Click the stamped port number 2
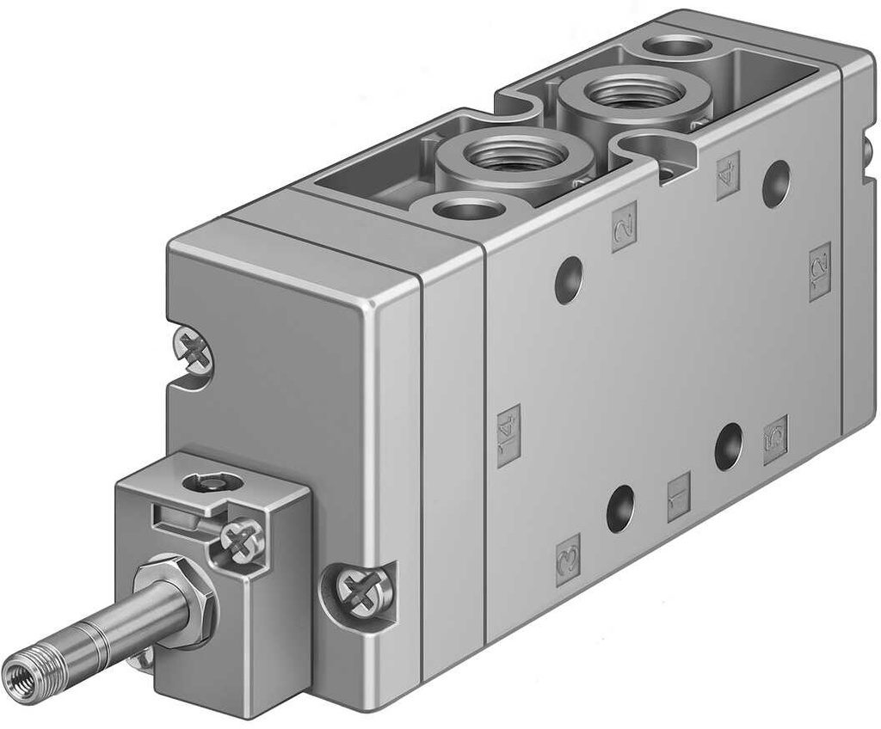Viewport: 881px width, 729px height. coord(624,226)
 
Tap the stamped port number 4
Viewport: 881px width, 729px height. coord(728,175)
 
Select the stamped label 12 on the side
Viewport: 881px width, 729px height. coord(820,272)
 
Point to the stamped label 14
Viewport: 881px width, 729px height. coord(508,435)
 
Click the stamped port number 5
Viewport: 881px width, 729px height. coord(775,439)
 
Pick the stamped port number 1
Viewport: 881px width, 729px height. coord(679,497)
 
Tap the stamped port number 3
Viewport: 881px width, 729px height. coord(568,560)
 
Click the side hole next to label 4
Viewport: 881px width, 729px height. coord(775,183)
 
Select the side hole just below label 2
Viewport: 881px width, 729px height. coord(568,279)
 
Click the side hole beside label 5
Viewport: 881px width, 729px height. coord(728,446)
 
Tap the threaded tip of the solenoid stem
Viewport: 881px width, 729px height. coord(22,673)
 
